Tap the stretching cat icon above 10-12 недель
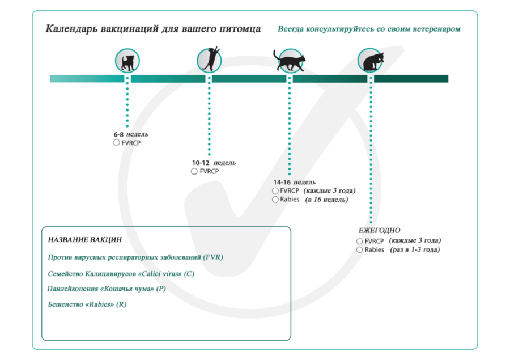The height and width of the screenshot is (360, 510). (209, 60)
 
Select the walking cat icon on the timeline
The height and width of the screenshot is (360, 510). (289, 60)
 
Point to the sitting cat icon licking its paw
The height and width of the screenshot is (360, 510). (371, 60)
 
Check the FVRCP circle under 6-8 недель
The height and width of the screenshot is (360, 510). (117, 143)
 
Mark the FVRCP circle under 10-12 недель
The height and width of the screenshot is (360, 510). (194, 171)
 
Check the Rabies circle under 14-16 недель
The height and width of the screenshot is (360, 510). (275, 200)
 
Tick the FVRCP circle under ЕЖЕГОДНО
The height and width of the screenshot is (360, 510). (360, 241)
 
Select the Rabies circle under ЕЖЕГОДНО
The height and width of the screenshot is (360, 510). (360, 249)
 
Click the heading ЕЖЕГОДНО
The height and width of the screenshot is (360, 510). (379, 230)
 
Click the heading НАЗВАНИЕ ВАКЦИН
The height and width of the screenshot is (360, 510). (85, 240)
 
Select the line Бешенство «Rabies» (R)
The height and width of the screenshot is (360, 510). (88, 305)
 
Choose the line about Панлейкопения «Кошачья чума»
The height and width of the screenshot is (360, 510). (107, 289)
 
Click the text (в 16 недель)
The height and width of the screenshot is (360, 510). (327, 200)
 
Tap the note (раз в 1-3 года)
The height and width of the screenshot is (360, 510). (415, 249)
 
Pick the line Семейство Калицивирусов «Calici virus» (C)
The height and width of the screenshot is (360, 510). (121, 273)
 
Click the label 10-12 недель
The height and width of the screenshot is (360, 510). (214, 163)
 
